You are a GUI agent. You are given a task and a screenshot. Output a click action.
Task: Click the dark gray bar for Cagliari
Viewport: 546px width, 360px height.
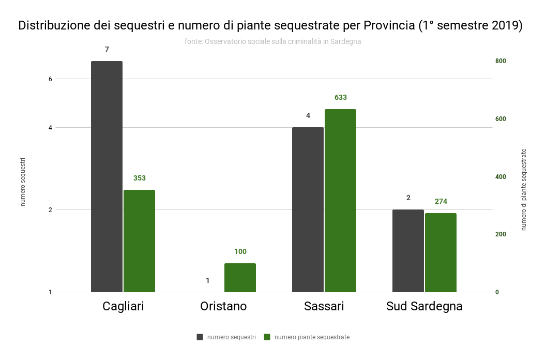(107, 176)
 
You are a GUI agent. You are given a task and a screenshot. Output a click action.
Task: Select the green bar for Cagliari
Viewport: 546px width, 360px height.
(139, 241)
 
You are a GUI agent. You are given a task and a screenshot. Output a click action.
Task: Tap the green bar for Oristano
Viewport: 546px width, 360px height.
(240, 278)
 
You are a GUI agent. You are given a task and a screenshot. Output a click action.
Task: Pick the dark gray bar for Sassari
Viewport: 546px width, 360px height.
(308, 209)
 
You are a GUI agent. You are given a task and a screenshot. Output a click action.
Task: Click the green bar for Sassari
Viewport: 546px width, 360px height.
(340, 201)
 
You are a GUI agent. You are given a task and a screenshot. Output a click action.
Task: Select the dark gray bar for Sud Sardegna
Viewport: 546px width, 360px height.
(408, 251)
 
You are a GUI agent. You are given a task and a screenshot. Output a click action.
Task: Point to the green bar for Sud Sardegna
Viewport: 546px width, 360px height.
(441, 252)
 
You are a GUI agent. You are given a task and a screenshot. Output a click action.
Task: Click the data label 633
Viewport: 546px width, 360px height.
(340, 97)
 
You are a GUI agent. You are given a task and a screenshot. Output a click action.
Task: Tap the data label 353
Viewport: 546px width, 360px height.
(139, 178)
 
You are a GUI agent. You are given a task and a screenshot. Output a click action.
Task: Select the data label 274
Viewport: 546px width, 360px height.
(441, 201)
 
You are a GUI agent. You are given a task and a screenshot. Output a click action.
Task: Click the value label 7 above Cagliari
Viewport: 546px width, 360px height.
(107, 49)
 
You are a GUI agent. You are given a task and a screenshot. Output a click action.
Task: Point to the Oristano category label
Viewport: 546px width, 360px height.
(223, 306)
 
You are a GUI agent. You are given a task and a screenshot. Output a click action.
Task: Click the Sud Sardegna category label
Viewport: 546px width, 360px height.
(424, 306)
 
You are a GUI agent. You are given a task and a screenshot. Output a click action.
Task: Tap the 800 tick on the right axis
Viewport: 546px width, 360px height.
(500, 61)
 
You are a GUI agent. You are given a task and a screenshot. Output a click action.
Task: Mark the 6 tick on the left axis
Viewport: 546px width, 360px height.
(51, 79)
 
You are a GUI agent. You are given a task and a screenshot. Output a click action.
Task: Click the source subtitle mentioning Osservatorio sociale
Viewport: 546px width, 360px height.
(272, 41)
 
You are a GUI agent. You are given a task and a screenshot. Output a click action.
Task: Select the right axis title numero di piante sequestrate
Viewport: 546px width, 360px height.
(524, 189)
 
